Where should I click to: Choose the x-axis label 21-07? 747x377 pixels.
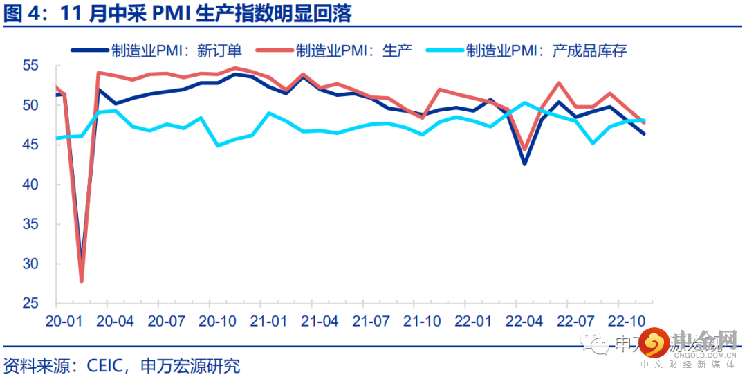pyautogui.click(x=371, y=322)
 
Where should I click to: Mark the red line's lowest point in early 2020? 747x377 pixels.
pyautogui.click(x=82, y=281)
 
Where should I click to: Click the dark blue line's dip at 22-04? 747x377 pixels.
pyautogui.click(x=524, y=164)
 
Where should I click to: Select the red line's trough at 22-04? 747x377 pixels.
pyautogui.click(x=524, y=149)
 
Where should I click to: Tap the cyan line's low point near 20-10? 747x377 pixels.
pyautogui.click(x=219, y=145)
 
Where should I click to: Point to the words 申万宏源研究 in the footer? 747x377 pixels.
pyautogui.click(x=190, y=365)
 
